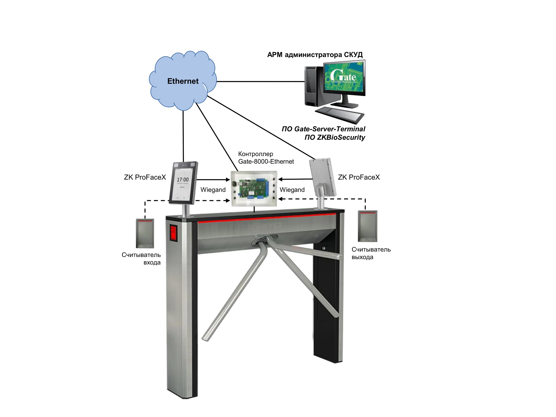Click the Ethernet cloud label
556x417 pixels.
tap(183, 81)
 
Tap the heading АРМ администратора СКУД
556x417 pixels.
tap(315, 55)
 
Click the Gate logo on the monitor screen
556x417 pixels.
tap(343, 76)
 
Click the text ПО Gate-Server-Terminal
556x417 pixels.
tap(323, 129)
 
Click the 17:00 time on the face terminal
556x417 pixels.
tap(183, 180)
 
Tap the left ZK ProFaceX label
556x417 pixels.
tap(145, 178)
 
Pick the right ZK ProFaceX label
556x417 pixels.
tap(359, 178)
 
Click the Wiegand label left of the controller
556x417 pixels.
tap(213, 190)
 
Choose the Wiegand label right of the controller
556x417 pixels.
tap(292, 190)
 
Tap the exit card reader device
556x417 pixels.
tap(368, 226)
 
